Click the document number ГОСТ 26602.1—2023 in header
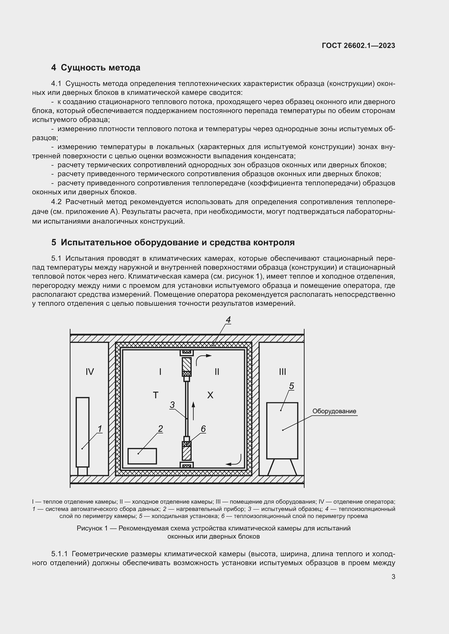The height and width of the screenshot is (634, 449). (x=358, y=46)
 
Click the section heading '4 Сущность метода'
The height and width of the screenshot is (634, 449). (x=96, y=68)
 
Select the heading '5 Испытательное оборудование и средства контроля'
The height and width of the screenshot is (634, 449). (x=173, y=242)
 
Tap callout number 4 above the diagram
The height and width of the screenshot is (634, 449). (x=228, y=320)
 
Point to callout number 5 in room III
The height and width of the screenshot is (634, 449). (x=291, y=386)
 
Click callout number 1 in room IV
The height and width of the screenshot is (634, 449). (x=100, y=429)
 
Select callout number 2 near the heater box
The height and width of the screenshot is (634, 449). (x=160, y=429)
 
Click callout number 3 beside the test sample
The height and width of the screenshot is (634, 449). (x=172, y=405)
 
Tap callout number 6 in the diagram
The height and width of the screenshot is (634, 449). (x=203, y=429)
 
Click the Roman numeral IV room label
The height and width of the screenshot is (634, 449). (x=90, y=372)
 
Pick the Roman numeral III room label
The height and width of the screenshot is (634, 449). (x=282, y=372)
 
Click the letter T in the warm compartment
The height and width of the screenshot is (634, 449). (x=155, y=395)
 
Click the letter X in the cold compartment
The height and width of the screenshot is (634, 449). (x=210, y=395)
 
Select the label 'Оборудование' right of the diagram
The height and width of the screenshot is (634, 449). (x=334, y=411)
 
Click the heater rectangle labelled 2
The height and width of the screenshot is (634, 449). (x=142, y=456)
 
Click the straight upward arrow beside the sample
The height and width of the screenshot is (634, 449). (x=193, y=411)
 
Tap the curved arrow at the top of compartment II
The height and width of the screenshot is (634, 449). (x=203, y=359)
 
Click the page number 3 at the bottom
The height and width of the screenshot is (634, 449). (x=393, y=577)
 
